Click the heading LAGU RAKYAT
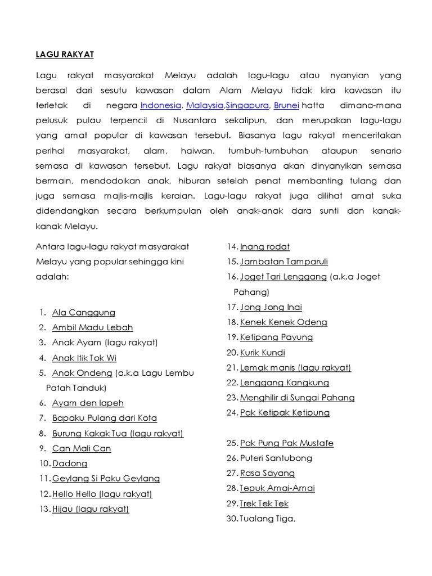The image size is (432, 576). [x=65, y=55]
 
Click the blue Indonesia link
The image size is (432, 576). [x=161, y=105]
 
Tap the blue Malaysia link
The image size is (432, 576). [x=205, y=105]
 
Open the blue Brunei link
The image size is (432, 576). [x=286, y=105]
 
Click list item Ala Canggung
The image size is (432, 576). [x=83, y=312]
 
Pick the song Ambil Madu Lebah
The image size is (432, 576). [x=92, y=327]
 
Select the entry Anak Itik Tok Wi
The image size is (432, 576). [x=84, y=358]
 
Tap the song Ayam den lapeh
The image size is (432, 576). [x=88, y=403]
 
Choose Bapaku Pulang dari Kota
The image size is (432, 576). [x=105, y=418]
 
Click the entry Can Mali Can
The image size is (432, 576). [x=82, y=448]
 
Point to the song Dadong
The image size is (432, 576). [x=70, y=463]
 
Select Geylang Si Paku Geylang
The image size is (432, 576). [x=106, y=479]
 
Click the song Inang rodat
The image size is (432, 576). [x=265, y=246]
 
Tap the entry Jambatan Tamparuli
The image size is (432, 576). [x=283, y=262]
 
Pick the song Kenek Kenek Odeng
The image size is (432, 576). [x=283, y=322]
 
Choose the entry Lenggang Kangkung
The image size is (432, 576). [x=285, y=382]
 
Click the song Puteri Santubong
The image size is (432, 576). [x=276, y=458]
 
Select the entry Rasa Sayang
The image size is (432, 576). [x=267, y=473]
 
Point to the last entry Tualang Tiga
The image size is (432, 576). [x=267, y=519]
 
